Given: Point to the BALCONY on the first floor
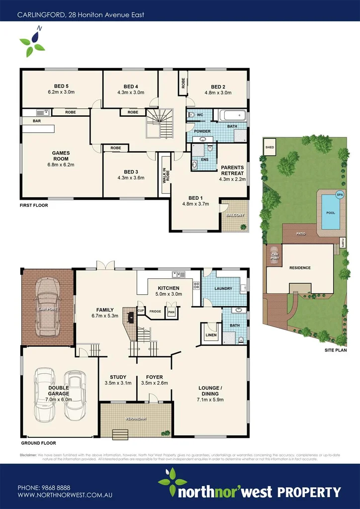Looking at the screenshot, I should [x=235, y=215].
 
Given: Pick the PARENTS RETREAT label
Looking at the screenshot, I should [x=232, y=170].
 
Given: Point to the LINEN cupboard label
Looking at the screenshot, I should [x=211, y=336].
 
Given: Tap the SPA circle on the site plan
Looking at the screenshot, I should [x=340, y=194].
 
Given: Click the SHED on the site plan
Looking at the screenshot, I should [x=270, y=148].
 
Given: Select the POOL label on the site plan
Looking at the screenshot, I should [x=330, y=213].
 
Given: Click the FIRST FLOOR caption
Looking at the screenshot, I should [x=34, y=205].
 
